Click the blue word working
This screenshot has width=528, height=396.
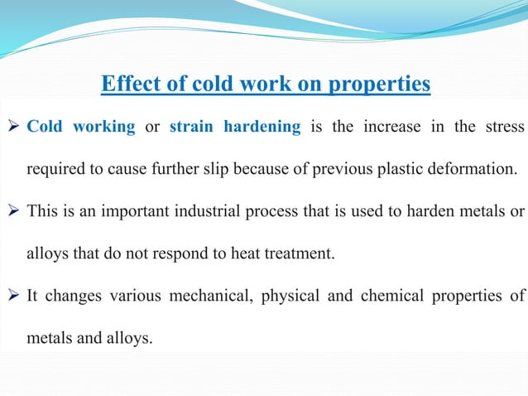[103, 128]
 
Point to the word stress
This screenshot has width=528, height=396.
[504, 128]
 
